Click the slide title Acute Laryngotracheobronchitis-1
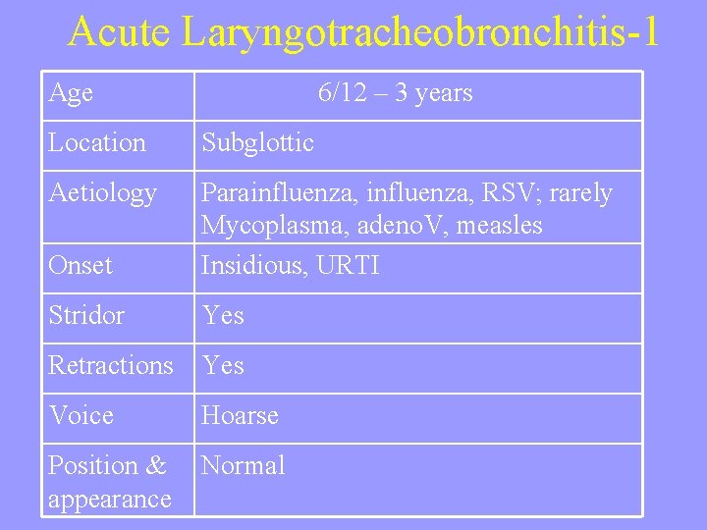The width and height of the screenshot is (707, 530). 362,33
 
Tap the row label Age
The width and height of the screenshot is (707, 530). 71,93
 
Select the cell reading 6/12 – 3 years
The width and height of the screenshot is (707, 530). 395,93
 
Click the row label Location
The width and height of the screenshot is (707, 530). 97,143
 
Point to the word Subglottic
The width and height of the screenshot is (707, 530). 257,143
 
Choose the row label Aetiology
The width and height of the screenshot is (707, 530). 102,194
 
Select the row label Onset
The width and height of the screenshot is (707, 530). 81,266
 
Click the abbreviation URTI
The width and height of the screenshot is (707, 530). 348,266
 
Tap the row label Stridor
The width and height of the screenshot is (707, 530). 86,316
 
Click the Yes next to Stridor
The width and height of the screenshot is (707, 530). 223,316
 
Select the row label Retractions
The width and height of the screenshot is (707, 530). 111,366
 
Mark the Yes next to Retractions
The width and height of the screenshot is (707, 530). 223,366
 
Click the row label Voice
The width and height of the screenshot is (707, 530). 81,416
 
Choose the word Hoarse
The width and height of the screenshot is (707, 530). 241,416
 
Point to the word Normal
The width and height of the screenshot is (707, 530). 244,466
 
